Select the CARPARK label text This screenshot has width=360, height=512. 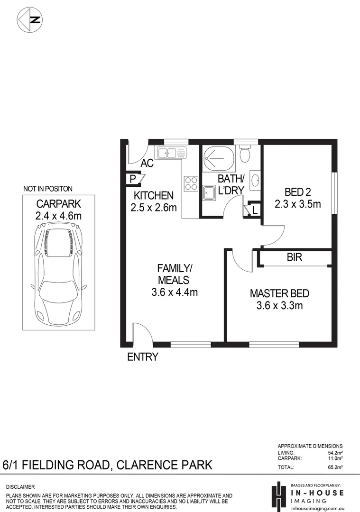(59, 204)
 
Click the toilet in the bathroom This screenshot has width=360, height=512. (245, 154)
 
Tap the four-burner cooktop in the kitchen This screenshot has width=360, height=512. (191, 183)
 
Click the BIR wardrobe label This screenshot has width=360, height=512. (294, 258)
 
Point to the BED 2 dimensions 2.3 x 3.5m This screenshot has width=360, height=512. (298, 204)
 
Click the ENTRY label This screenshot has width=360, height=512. (142, 357)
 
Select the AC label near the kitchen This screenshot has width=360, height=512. (147, 164)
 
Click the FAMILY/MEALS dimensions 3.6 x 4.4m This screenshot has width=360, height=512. (174, 292)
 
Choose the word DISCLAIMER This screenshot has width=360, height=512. (20, 487)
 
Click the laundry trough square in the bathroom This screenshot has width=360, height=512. (209, 192)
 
